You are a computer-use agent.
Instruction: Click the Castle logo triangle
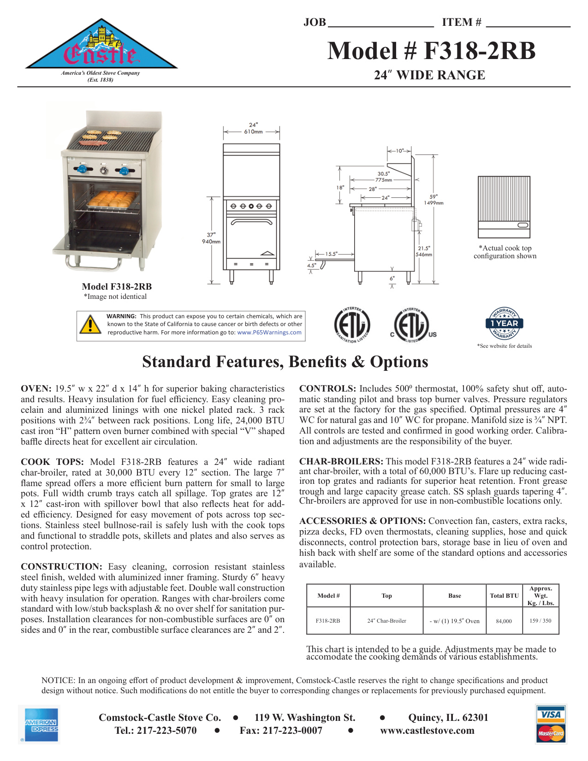click(x=101, y=47)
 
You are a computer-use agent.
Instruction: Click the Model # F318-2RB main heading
click(x=431, y=51)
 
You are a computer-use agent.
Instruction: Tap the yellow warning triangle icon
click(x=90, y=324)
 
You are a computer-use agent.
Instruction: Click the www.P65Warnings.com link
click(x=269, y=332)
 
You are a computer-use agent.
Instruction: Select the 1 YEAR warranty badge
click(x=504, y=323)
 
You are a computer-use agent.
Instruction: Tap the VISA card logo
click(x=551, y=714)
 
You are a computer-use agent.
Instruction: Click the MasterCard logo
click(x=551, y=733)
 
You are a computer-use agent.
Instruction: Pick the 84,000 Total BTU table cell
click(x=504, y=621)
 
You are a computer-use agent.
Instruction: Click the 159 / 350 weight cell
click(x=540, y=621)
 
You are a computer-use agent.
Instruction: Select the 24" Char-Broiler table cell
click(x=386, y=621)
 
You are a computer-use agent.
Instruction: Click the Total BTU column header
click(x=504, y=595)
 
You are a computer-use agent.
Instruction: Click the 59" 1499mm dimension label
click(x=434, y=200)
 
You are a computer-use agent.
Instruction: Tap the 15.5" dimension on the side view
click(x=331, y=254)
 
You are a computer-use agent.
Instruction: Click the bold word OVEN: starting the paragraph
click(x=36, y=389)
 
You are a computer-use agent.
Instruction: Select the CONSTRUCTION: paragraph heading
click(x=61, y=567)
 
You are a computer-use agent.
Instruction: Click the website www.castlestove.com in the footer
click(x=427, y=731)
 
